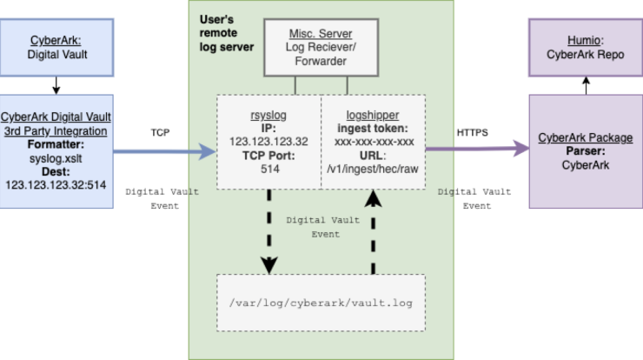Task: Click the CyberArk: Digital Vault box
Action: point(56,47)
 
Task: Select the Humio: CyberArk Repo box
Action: point(586,47)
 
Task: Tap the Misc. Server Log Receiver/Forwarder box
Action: point(321,47)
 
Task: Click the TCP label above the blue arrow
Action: point(160,132)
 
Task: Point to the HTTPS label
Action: point(473,132)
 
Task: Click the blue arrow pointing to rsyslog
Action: point(165,151)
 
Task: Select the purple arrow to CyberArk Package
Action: point(478,149)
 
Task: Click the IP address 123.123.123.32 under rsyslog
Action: point(268,142)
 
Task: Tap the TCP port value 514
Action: point(270,169)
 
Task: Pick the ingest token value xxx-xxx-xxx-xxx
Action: point(374,142)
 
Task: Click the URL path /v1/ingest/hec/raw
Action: point(373,169)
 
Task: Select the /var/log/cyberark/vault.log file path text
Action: point(321,303)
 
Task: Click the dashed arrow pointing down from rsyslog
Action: point(269,231)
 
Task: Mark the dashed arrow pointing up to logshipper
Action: point(373,232)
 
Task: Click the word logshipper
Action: point(373,116)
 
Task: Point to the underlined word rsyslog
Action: point(268,116)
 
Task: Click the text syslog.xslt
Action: point(56,158)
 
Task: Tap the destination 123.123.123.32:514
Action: point(56,185)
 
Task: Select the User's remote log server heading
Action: point(227,33)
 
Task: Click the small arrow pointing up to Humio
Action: point(586,86)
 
